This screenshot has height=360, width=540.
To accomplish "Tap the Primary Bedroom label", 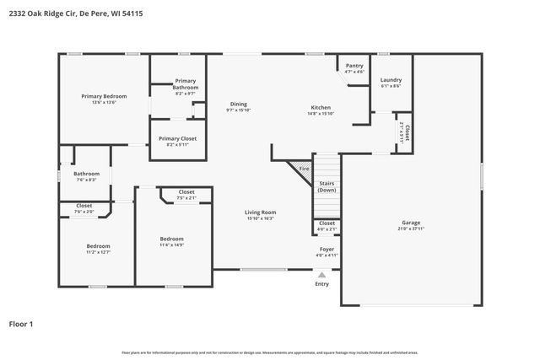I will (x=104, y=96).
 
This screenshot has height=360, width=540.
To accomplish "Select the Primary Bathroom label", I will (x=185, y=84).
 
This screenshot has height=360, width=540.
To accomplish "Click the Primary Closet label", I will (x=177, y=138).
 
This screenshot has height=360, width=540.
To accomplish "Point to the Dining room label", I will (x=238, y=104).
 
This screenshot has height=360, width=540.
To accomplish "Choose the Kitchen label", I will (x=321, y=108).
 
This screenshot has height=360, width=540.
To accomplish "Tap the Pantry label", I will (x=354, y=66).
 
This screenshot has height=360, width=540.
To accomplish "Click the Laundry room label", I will (x=390, y=80).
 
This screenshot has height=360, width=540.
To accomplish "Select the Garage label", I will (x=413, y=222).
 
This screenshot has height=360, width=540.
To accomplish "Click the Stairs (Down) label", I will (x=327, y=186).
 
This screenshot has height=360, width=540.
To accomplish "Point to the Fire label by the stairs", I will (x=305, y=169).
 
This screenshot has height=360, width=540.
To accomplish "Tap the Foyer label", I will (x=326, y=250).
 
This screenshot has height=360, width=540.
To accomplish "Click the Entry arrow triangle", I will (x=321, y=275).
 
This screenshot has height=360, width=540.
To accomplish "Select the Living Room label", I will (x=261, y=212).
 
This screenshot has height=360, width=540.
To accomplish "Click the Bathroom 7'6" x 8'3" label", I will (x=86, y=174).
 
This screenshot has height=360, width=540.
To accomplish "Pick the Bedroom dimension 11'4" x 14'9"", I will (x=172, y=245).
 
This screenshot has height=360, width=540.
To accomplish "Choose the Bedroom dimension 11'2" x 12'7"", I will (x=99, y=252).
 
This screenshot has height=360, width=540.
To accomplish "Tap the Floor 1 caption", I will (x=21, y=324).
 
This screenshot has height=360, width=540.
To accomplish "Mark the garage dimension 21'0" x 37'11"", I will (x=413, y=228).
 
